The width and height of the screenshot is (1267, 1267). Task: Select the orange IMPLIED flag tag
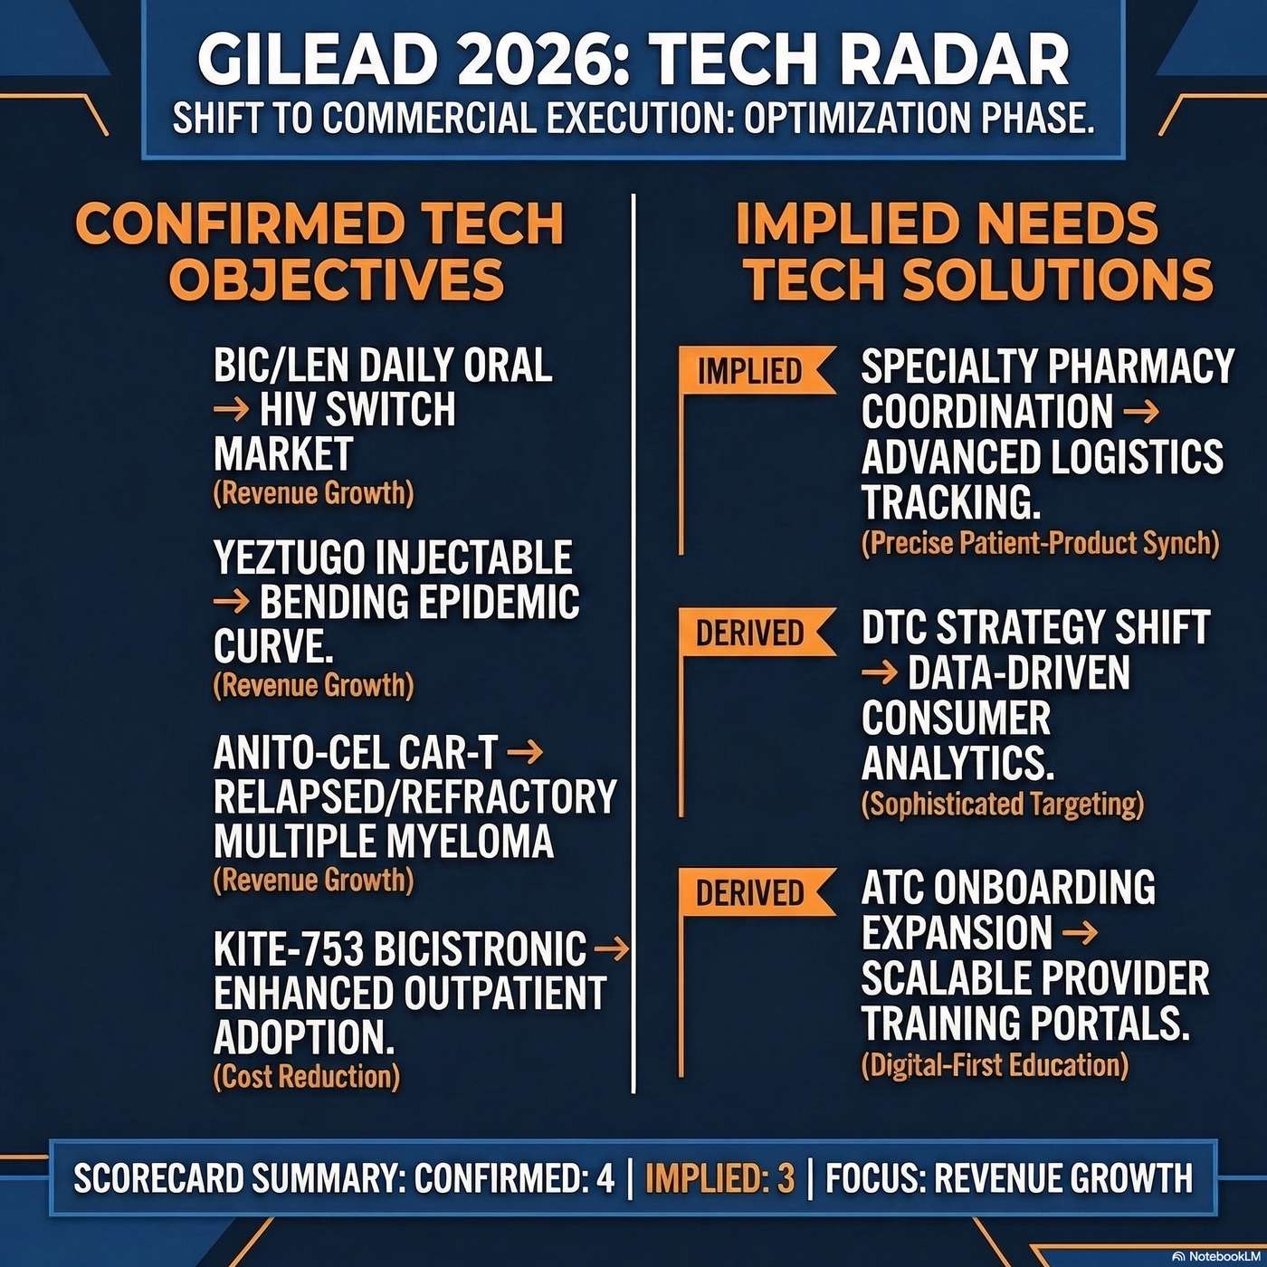[750, 371]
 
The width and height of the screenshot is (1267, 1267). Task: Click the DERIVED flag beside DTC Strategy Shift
[750, 632]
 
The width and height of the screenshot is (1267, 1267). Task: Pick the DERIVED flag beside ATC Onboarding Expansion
[750, 892]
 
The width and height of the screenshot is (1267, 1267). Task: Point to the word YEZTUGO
[290, 557]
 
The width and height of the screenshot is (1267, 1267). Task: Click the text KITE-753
[289, 948]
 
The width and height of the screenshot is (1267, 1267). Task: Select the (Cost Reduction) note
[307, 1076]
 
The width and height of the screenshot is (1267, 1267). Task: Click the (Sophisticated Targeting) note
[1003, 804]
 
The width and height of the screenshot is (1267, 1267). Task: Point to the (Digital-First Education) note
[995, 1064]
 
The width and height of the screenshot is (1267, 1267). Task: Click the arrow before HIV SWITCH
[231, 410]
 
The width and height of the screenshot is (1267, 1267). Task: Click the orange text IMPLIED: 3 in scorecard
[719, 1178]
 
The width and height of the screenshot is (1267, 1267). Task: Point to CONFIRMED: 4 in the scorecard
[514, 1178]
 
